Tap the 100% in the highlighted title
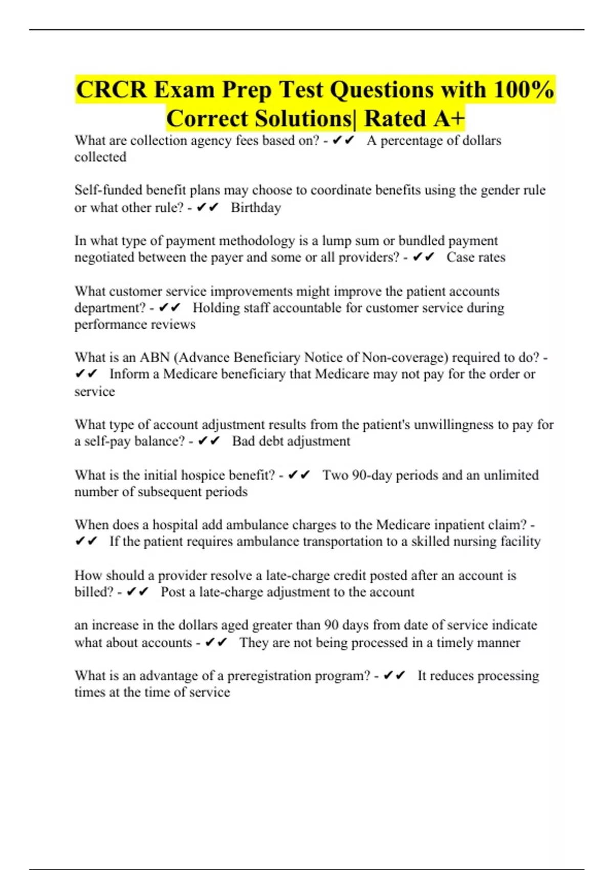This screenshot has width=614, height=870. tap(524, 90)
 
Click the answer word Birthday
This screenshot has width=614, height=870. tap(256, 208)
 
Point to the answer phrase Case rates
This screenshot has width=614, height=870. tap(476, 257)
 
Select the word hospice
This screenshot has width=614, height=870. tap(200, 475)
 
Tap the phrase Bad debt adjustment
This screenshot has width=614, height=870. tap(291, 441)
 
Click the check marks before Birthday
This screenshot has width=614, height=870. tap(207, 208)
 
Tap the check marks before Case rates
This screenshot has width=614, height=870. tap(423, 257)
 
